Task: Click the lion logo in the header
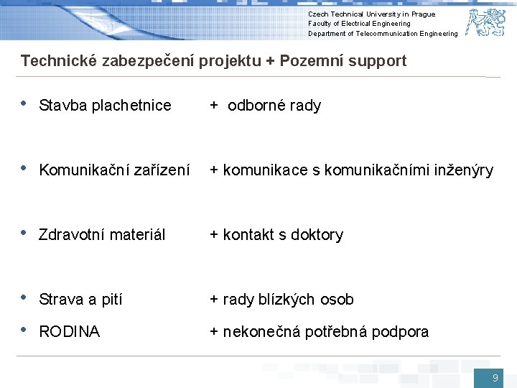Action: (x=485, y=22)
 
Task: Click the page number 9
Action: (x=495, y=378)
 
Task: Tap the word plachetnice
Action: (x=131, y=106)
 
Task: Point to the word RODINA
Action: (x=69, y=332)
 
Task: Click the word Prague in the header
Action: (x=423, y=14)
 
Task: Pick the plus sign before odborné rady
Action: (x=213, y=106)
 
